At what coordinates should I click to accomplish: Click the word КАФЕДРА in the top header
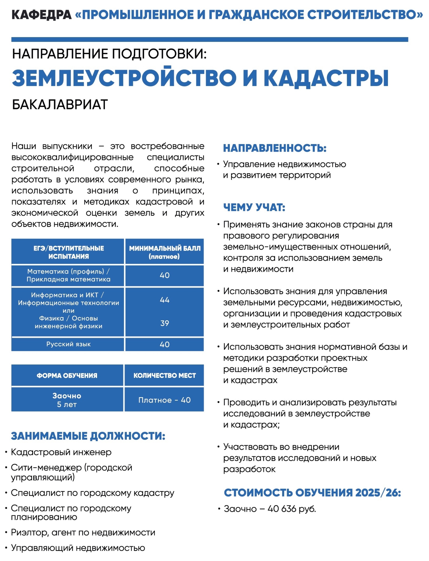point(41,15)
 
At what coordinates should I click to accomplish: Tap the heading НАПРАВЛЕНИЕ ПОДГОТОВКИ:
point(109,54)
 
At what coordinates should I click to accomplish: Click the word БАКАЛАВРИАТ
point(60,105)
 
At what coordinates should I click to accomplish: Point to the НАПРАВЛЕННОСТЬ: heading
point(275,148)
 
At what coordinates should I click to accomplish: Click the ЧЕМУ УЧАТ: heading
point(254,207)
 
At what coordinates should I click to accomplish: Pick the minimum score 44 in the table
point(165,300)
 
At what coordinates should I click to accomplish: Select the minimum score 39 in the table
point(165,323)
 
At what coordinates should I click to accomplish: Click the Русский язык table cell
point(68,344)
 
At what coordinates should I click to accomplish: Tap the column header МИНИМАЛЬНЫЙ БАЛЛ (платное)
point(165,252)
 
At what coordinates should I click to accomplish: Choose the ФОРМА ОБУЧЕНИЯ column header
point(67,376)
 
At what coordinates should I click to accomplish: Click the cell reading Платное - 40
point(165,400)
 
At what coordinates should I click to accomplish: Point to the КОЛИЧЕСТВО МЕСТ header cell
point(165,376)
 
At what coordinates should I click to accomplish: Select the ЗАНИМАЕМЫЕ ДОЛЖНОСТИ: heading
point(88,436)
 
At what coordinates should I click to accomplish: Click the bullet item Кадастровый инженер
point(61,452)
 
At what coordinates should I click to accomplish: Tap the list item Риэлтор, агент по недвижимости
point(83,532)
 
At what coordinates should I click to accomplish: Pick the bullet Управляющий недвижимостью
point(78,548)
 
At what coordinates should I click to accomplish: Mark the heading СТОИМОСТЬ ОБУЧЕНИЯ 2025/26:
point(312,493)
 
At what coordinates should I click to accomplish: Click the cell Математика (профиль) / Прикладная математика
point(68,275)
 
